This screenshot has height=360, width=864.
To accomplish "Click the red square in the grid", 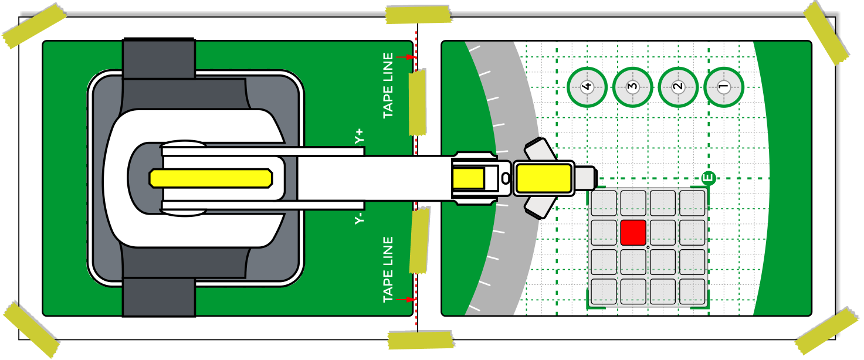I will pos(633,232).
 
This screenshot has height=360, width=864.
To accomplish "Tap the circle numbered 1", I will pos(723,87).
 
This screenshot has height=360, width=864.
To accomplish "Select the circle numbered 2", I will pos(678,87).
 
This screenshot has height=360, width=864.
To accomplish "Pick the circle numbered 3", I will pos(632,87).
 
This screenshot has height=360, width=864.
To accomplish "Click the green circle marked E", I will pos(709,177).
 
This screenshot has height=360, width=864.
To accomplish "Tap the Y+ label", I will pos(359,137).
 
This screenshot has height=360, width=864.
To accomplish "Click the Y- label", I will pos(359,218).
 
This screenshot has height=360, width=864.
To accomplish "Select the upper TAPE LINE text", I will pos(388,86).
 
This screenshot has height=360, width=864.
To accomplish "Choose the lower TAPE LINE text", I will pos(388,270).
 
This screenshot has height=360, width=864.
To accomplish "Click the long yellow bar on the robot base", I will pos(211,178).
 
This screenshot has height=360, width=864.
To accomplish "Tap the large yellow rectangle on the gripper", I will pos(543,178).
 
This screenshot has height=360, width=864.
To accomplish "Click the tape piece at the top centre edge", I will pos(418,14).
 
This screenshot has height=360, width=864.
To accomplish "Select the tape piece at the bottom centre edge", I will pos(421,339).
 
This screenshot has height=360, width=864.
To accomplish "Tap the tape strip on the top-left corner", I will pos(34,26).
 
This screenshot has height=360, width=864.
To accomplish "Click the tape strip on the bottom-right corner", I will pos(826,331).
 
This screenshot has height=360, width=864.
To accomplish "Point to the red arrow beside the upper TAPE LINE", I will pos(405,57).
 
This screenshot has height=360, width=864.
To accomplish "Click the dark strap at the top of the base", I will pos(158,59).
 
